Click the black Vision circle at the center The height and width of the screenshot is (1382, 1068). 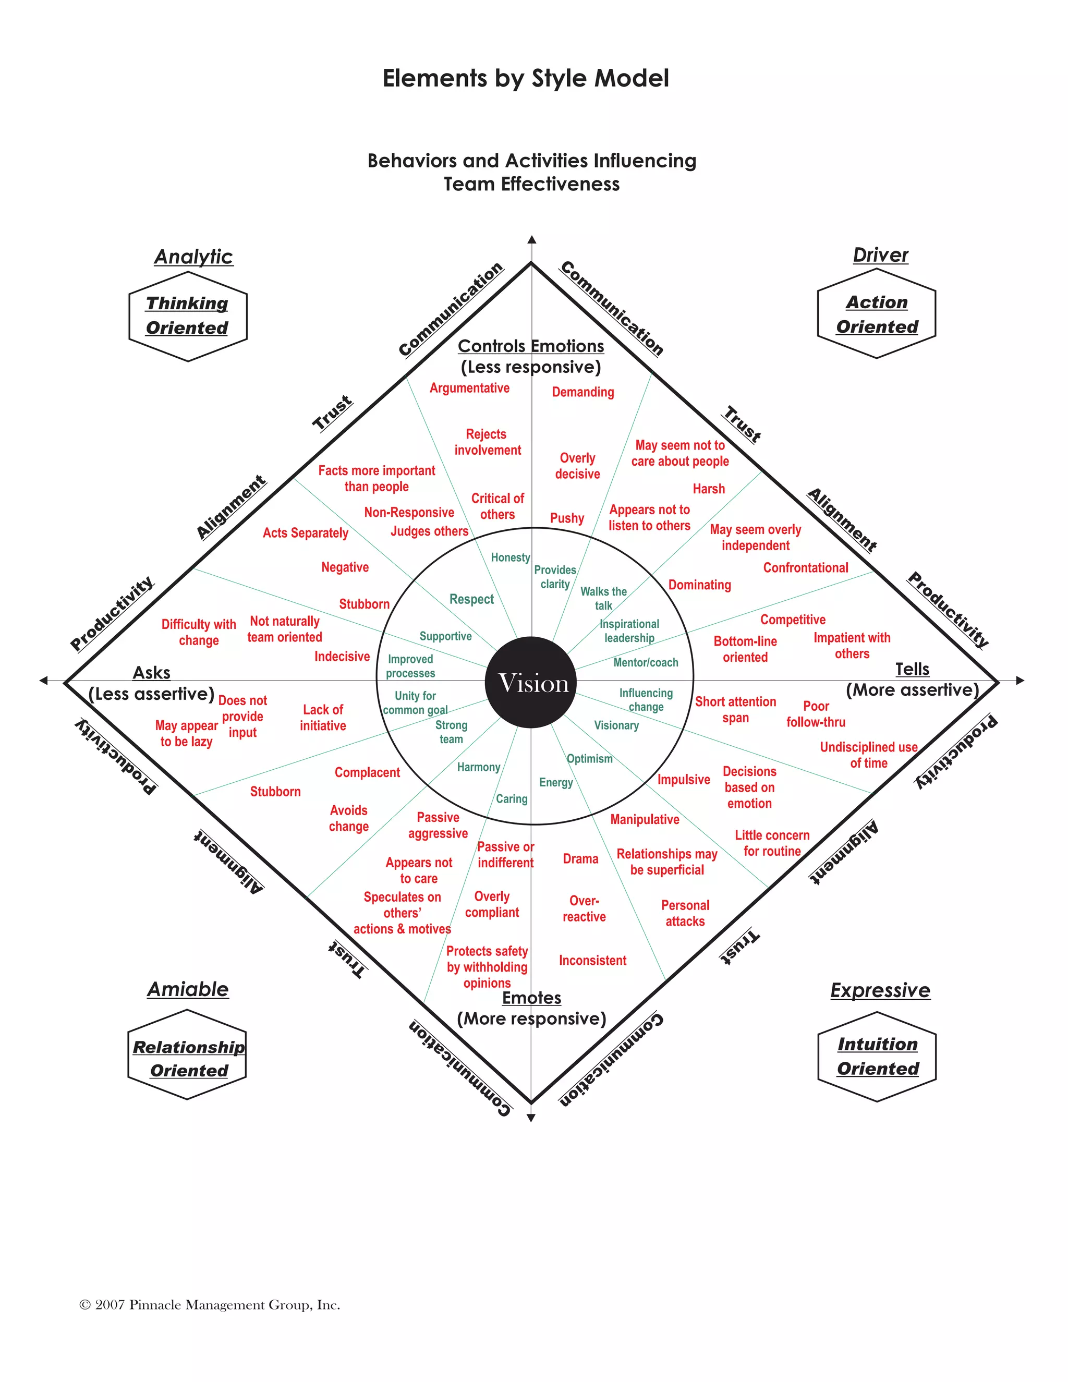click(531, 682)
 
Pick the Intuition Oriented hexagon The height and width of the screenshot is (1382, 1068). click(877, 1056)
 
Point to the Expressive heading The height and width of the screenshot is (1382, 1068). click(880, 990)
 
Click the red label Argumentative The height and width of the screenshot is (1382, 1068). click(469, 388)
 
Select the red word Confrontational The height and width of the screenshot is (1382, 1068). click(805, 567)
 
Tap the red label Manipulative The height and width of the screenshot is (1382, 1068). click(645, 819)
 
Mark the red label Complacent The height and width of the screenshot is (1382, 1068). click(367, 773)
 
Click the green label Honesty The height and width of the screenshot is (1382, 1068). click(510, 557)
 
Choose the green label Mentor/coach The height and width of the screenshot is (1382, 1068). click(646, 662)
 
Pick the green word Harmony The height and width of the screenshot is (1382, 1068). click(478, 767)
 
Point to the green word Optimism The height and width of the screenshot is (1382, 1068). click(589, 759)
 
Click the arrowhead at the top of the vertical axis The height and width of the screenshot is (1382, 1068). click(531, 240)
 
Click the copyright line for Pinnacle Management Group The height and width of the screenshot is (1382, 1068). click(210, 1305)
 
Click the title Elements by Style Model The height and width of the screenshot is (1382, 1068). click(525, 78)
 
